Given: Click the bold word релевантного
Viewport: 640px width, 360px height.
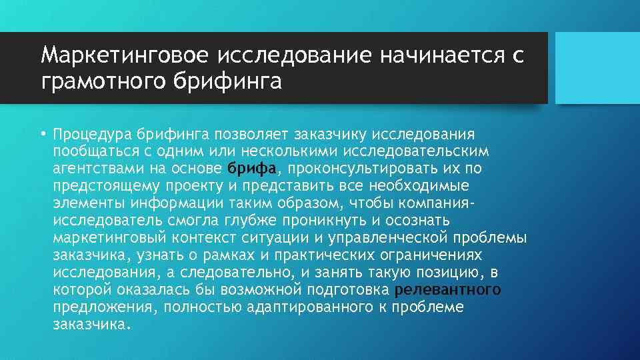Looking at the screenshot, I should [447, 289].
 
